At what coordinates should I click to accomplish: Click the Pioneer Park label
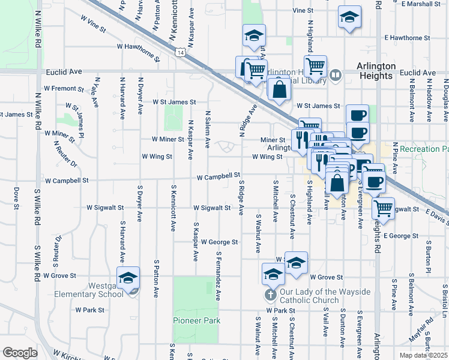click(197, 320)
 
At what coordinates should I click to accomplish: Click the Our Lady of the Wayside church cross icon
click(270, 295)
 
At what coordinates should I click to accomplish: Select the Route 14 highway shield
click(181, 53)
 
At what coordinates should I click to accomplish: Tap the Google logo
click(20, 353)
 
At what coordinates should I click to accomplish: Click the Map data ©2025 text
click(424, 355)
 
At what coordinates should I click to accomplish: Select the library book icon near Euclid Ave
click(336, 75)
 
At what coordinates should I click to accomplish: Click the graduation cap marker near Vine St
click(349, 18)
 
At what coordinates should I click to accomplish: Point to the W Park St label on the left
click(90, 310)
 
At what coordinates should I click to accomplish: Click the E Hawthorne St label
click(408, 37)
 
